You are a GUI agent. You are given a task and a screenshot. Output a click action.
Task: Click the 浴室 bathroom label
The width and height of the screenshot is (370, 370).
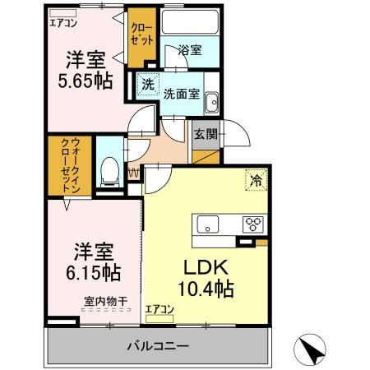click(190, 51)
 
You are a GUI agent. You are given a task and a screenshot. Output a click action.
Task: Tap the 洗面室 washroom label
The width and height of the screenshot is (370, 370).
click(181, 93)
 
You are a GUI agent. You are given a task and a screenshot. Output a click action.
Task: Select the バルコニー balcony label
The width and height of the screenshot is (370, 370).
click(158, 345)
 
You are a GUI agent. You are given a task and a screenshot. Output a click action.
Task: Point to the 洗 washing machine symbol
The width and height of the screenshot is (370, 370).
click(147, 84)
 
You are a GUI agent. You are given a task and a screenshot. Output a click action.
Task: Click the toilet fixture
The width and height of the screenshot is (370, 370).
click(107, 171)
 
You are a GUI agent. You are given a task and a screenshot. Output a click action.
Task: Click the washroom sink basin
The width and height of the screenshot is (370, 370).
click(212, 102)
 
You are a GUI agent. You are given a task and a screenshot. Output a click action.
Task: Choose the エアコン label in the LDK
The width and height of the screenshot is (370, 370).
click(160, 309)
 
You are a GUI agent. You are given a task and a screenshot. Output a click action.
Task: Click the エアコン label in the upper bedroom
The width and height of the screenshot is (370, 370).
click(63, 23)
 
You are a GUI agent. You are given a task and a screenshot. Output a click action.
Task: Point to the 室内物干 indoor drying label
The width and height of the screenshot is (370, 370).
click(105, 301)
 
